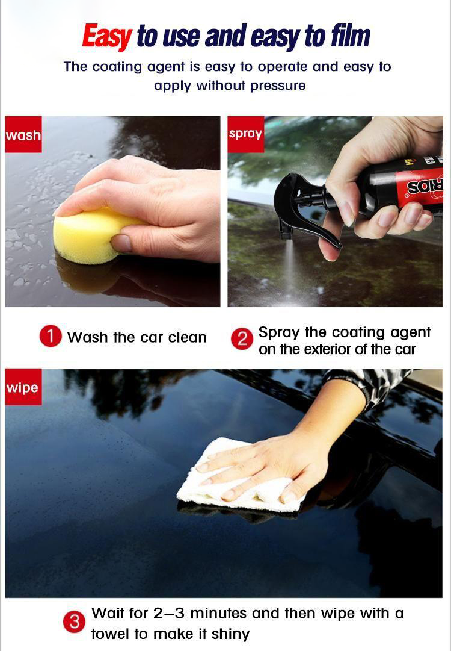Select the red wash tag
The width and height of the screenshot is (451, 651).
click(x=23, y=134)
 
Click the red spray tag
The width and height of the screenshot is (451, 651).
click(x=246, y=134)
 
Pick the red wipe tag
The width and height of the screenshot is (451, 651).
click(x=23, y=387)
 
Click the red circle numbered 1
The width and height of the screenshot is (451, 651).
click(x=51, y=336)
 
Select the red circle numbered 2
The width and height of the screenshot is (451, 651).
click(x=242, y=340)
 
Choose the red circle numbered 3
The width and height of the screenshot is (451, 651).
click(x=74, y=622)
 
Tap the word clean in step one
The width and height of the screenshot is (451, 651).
click(x=188, y=337)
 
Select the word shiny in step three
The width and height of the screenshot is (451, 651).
click(x=230, y=634)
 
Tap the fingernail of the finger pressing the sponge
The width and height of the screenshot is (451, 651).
click(x=121, y=243)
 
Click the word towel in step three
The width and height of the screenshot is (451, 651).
click(x=109, y=634)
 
